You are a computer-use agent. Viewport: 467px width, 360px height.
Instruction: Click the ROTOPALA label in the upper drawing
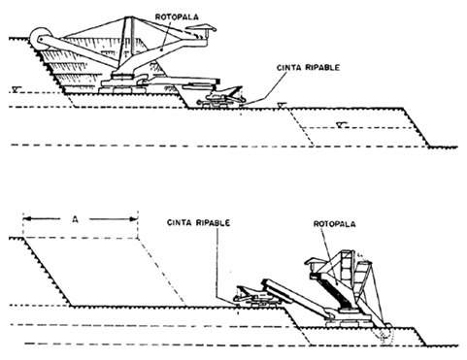(x=182, y=16)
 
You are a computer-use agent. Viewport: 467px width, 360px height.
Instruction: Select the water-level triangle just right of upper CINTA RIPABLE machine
(x=279, y=105)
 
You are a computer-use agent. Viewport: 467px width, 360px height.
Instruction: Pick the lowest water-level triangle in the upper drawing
(x=342, y=123)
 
